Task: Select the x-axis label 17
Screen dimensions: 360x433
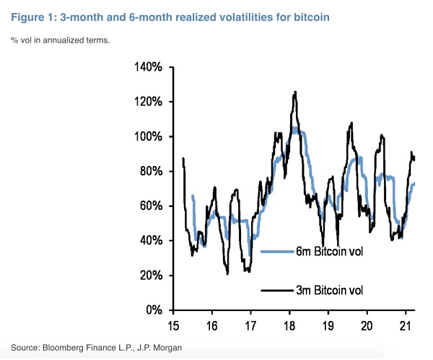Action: click(250, 325)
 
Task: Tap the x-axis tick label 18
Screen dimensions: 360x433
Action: click(289, 325)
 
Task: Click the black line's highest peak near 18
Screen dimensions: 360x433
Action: click(294, 92)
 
